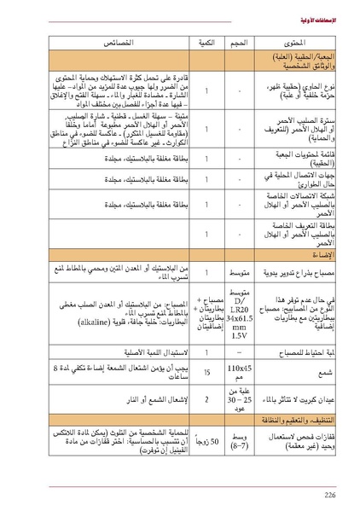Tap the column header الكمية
206,41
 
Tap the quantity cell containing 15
206,373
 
